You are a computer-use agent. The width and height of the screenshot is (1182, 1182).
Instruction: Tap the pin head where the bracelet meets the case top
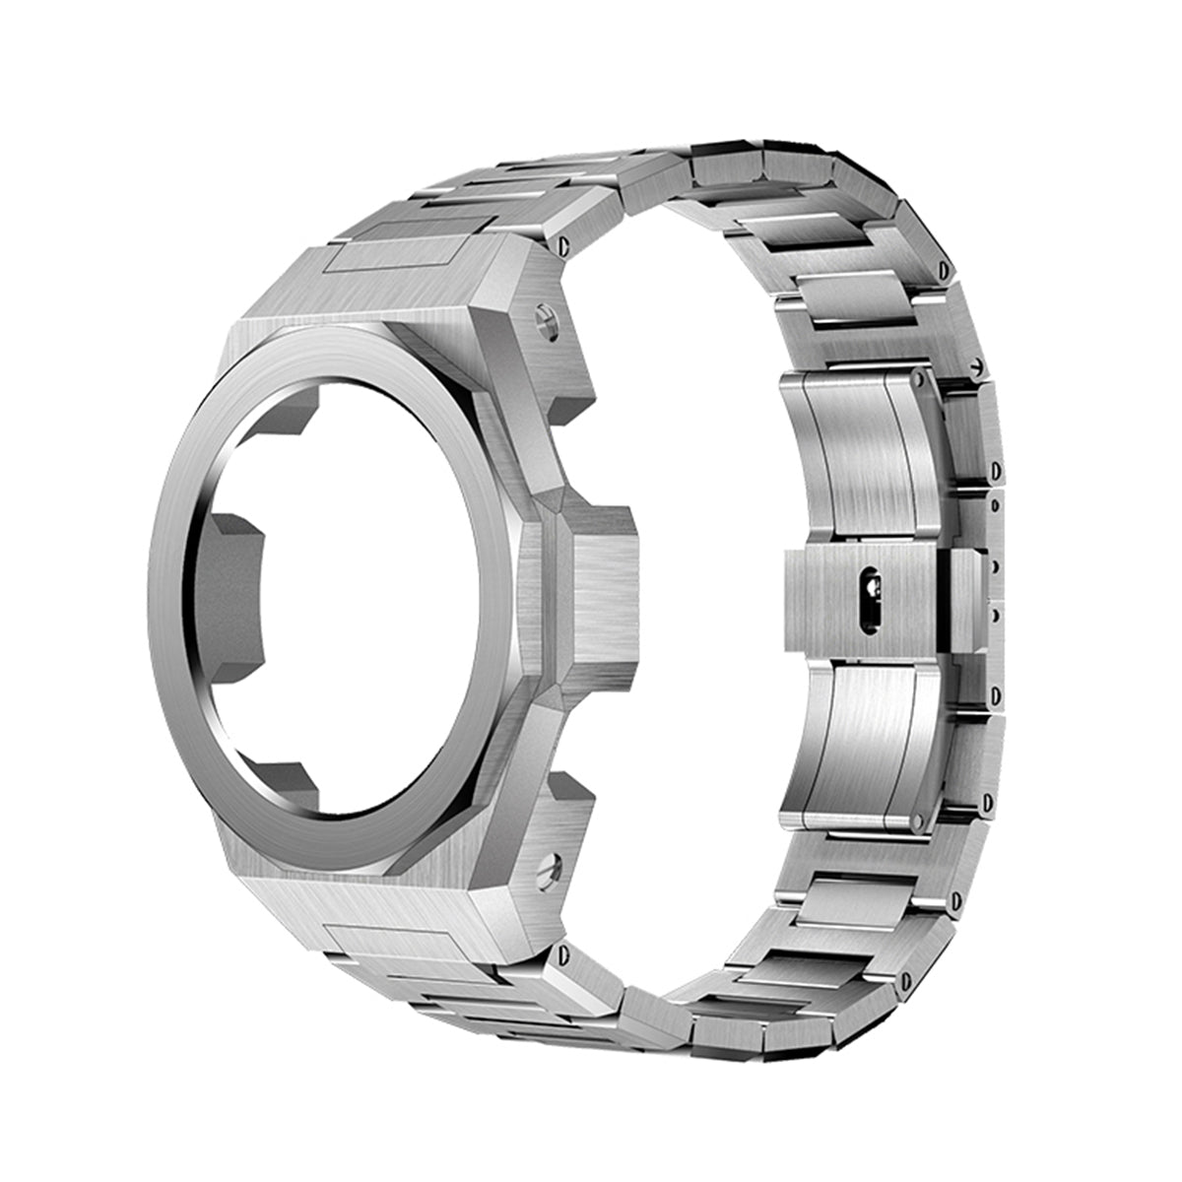[x=565, y=242]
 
